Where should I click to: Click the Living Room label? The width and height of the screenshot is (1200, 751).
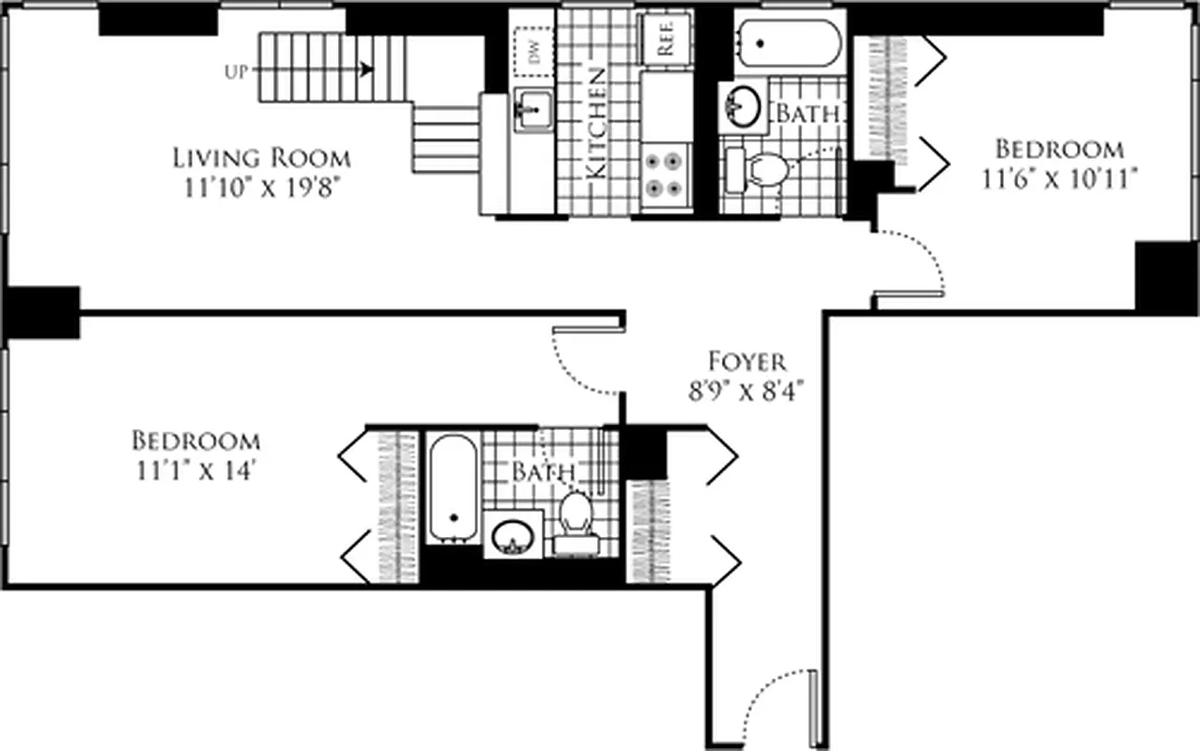pos(261,157)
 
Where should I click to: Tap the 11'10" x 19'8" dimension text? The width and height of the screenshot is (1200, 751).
pos(261,186)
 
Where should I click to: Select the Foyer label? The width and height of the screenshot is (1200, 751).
pos(746,360)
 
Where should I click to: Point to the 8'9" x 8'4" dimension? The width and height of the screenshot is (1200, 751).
pos(746,388)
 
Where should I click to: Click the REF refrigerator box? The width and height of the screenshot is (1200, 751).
pos(666,38)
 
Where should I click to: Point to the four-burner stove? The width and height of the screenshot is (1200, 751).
pos(666,174)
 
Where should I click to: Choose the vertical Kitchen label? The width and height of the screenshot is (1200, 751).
pos(595,123)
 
